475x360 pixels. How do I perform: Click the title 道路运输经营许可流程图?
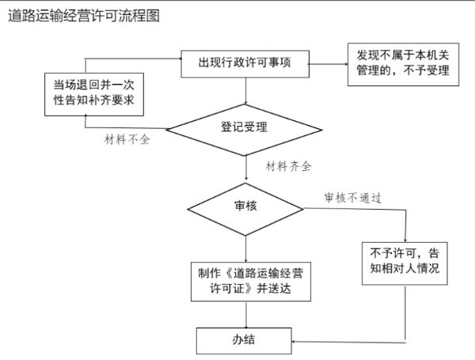[83, 16]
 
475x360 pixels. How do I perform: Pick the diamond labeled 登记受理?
[245, 127]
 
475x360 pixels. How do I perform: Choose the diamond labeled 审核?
[245, 207]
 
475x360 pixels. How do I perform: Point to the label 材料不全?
[127, 140]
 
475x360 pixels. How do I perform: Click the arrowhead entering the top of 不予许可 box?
[405, 237]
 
